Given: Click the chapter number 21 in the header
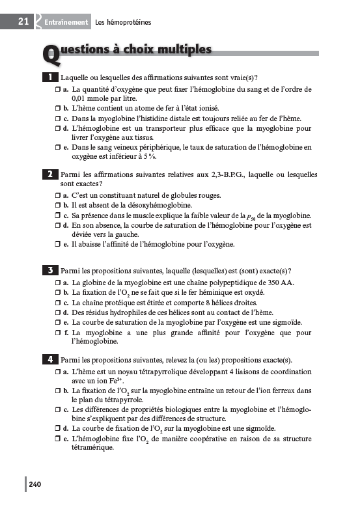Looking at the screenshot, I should [x=23, y=21].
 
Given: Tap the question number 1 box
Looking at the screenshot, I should [x=50, y=77].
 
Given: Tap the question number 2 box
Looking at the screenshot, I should [x=50, y=174].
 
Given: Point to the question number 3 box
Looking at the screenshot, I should [x=50, y=270].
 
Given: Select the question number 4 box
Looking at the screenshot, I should [x=50, y=359].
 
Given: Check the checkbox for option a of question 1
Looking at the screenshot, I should [x=58, y=89].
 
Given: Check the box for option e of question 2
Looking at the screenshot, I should [x=58, y=245].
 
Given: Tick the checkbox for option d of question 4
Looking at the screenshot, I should [x=58, y=429].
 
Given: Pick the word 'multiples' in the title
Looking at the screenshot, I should [x=183, y=50].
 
